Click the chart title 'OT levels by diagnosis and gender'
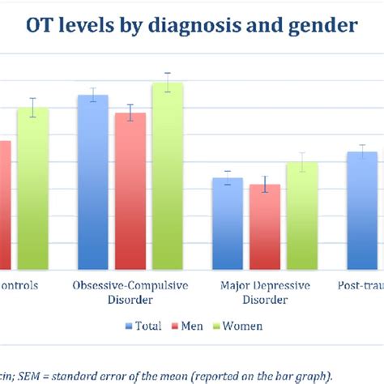click(192, 26)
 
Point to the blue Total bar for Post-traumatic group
click(362, 211)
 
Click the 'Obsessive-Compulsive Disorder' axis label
click(130, 292)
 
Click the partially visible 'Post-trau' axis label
click(361, 286)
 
